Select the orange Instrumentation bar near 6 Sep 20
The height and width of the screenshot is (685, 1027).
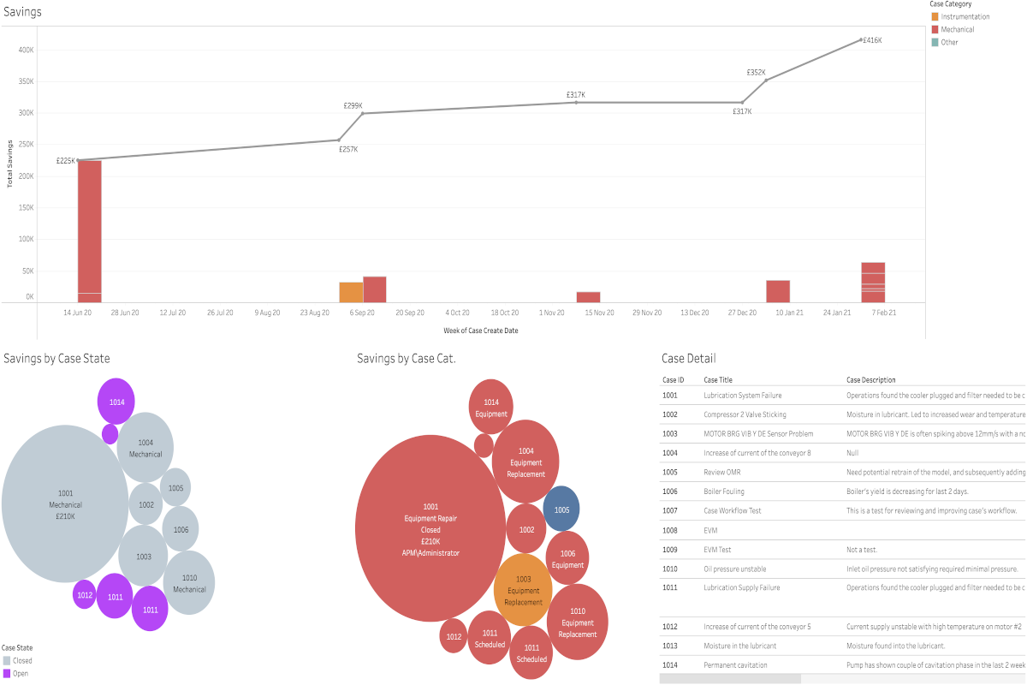[351, 292]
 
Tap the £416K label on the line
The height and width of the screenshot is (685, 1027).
[872, 40]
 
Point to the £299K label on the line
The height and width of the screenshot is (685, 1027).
[353, 105]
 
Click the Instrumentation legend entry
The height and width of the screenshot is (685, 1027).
[965, 16]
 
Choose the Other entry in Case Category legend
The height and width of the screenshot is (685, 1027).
[949, 42]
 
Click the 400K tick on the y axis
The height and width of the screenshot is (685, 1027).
[26, 50]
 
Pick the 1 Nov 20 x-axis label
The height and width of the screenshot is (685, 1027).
[552, 313]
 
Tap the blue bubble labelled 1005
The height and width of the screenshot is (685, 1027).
[561, 509]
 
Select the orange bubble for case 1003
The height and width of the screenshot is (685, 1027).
[523, 590]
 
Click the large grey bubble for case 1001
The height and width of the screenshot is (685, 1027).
[65, 504]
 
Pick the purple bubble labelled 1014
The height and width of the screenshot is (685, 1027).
[116, 401]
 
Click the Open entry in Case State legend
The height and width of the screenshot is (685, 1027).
[20, 673]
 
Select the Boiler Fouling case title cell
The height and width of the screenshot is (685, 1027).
[724, 491]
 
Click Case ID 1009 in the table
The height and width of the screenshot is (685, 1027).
[669, 550]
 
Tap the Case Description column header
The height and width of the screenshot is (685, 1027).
[870, 379]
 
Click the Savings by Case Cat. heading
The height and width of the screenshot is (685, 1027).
[406, 358]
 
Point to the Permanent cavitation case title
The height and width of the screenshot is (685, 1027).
[735, 665]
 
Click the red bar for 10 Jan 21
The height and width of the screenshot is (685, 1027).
[777, 291]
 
